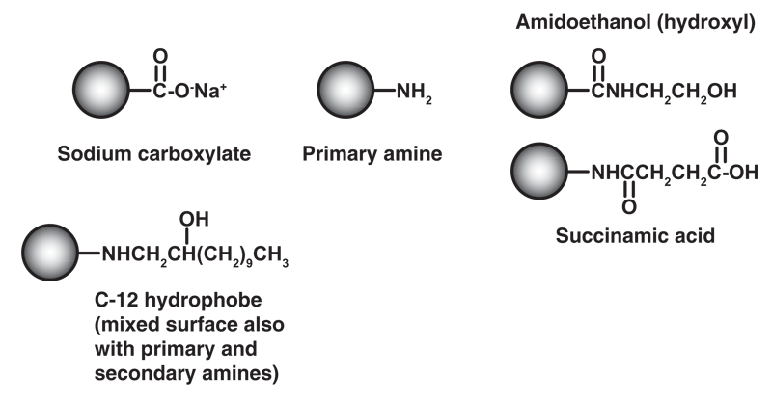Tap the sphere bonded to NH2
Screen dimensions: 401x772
346,93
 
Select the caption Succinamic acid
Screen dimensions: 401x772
636,234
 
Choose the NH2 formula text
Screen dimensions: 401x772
416,94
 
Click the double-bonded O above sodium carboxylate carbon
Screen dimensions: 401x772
161,55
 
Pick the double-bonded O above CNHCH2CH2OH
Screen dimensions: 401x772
599,56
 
